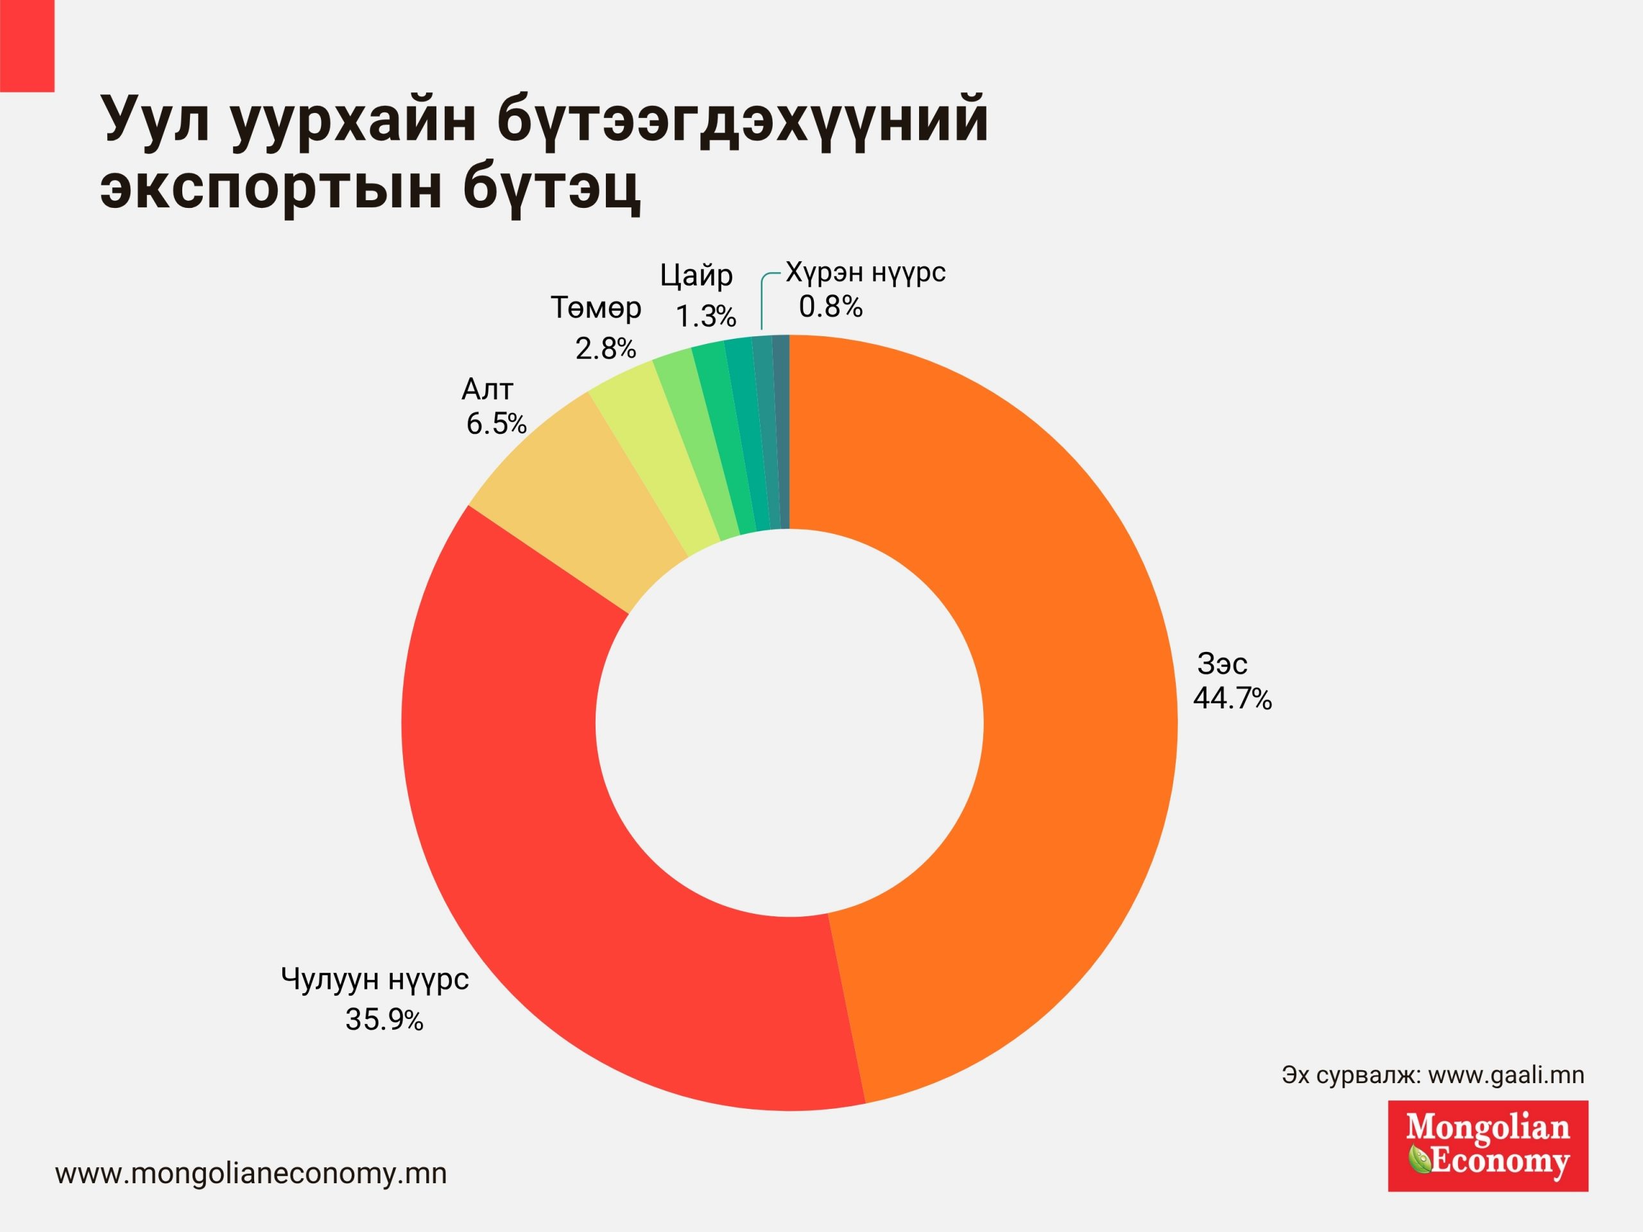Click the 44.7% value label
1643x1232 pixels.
point(1232,699)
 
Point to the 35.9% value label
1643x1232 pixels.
point(384,1020)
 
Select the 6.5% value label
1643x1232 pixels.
point(496,424)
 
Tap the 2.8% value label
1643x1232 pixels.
point(605,349)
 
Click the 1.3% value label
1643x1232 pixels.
point(705,317)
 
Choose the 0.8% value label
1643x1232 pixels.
point(830,307)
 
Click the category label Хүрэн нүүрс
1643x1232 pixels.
point(866,273)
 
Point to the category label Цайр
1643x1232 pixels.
point(696,277)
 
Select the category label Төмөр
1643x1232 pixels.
point(596,307)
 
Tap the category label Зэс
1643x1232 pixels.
point(1222,663)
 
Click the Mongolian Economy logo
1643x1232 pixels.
point(1488,1147)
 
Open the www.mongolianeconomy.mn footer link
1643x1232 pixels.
point(251,1174)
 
